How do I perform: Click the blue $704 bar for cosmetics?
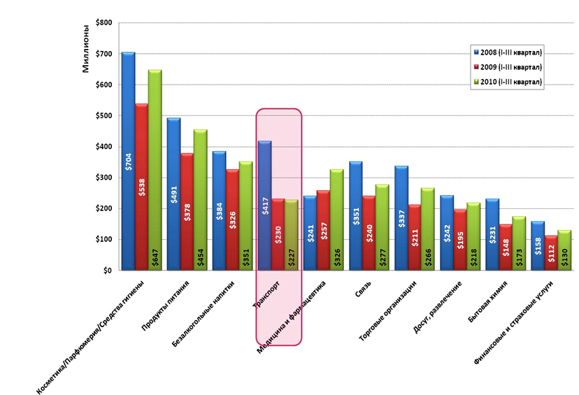pyautogui.click(x=127, y=161)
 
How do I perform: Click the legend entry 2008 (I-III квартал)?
pyautogui.click(x=508, y=52)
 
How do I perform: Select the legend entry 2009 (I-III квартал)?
pyautogui.click(x=508, y=67)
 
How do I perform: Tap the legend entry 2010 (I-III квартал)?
pyautogui.click(x=508, y=82)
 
